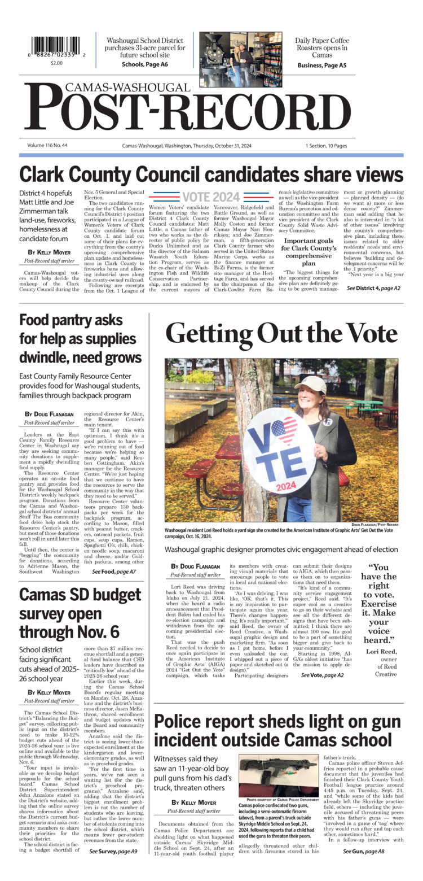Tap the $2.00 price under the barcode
(x=56, y=63)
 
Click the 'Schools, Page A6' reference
(x=144, y=65)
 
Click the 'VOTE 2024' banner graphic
(x=211, y=197)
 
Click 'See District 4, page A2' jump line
(x=373, y=288)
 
